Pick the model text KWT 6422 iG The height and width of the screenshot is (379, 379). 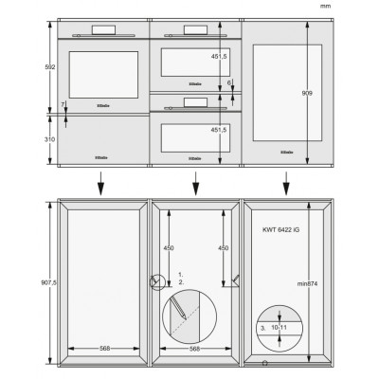click(281, 230)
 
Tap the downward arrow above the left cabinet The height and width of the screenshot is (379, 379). click(100, 184)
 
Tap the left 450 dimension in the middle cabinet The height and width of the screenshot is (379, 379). click(171, 248)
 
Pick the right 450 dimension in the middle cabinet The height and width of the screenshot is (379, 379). click(224, 248)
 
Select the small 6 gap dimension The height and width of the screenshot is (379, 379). click(229, 82)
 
